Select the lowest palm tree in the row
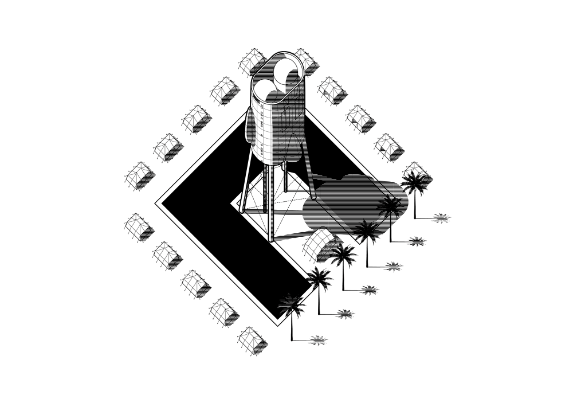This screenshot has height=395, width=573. tap(293, 307)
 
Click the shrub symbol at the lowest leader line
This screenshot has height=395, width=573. tap(316, 341)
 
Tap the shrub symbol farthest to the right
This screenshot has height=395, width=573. tap(440, 218)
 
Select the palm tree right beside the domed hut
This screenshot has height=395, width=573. tap(344, 255)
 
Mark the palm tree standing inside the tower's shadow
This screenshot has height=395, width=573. tap(389, 205)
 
